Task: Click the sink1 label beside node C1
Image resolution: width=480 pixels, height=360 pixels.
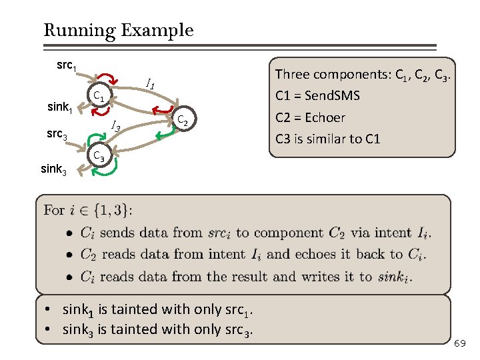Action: click(x=60, y=107)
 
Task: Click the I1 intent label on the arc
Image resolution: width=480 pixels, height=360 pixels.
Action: click(x=151, y=85)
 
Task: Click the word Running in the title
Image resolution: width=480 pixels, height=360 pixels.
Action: click(x=71, y=30)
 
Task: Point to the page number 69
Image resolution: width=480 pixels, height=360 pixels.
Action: click(x=459, y=343)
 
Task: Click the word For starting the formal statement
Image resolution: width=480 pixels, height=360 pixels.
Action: click(x=54, y=211)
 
